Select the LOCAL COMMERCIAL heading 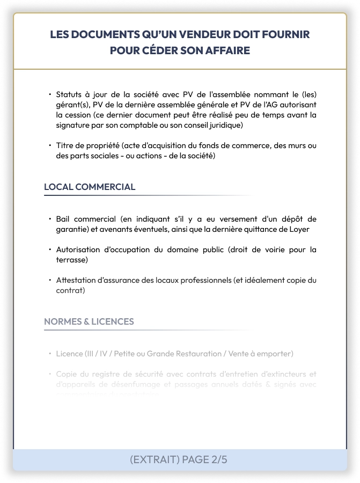point(90,187)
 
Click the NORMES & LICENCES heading point(89,321)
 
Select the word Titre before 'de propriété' point(65,145)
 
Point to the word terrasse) point(72,260)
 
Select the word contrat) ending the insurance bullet point(71,290)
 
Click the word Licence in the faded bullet point(69,354)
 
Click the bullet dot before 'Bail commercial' point(49,219)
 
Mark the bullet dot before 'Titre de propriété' point(49,145)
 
